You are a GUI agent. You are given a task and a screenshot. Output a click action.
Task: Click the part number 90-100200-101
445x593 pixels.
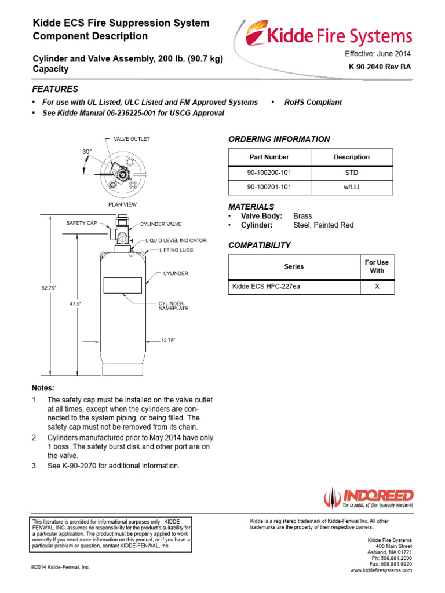click(x=269, y=173)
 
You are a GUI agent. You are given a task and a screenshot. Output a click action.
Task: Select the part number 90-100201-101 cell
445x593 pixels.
click(x=269, y=188)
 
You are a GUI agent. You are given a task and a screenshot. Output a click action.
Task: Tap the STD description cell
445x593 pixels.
click(x=352, y=173)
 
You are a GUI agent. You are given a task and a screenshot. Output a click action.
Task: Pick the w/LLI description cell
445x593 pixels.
click(x=352, y=188)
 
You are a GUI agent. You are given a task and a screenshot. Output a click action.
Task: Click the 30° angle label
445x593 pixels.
click(x=87, y=152)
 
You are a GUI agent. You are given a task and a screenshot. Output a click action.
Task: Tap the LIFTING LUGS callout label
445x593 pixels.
click(x=177, y=251)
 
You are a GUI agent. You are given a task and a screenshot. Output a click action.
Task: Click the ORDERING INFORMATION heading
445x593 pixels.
click(x=279, y=139)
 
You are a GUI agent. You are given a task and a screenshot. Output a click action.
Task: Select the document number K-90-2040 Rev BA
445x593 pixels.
click(x=380, y=67)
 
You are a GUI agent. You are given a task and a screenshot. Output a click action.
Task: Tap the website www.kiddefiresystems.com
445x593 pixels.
click(x=381, y=570)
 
